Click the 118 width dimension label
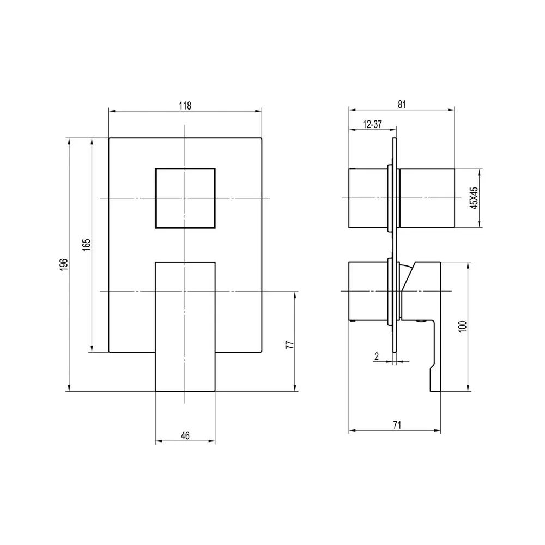[185, 105]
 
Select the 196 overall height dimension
[64, 264]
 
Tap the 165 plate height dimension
[86, 244]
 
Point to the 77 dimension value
[289, 344]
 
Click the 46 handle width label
[185, 435]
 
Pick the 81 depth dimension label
[402, 104]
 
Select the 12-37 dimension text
[372, 124]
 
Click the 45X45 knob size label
[474, 198]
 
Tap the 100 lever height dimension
[462, 326]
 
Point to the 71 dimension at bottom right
[397, 425]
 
